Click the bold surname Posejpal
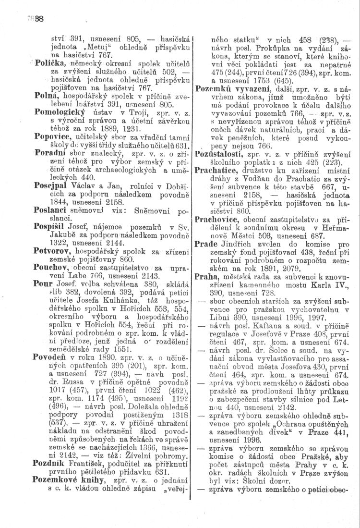[x=52, y=184]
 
